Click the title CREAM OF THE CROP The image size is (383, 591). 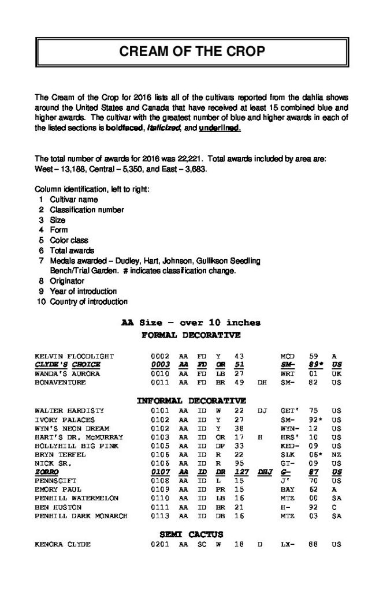[192, 51]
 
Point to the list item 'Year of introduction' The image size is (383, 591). [83, 291]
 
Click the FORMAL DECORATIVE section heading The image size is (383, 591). [191, 335]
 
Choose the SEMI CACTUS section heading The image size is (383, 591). [191, 534]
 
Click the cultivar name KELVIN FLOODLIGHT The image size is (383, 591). [75, 356]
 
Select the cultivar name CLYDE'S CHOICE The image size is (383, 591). [68, 365]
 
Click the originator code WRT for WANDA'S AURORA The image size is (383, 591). [288, 373]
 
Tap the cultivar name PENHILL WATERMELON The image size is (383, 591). [77, 497]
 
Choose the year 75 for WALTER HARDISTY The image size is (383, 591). [313, 411]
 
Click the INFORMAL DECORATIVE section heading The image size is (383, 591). [191, 401]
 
